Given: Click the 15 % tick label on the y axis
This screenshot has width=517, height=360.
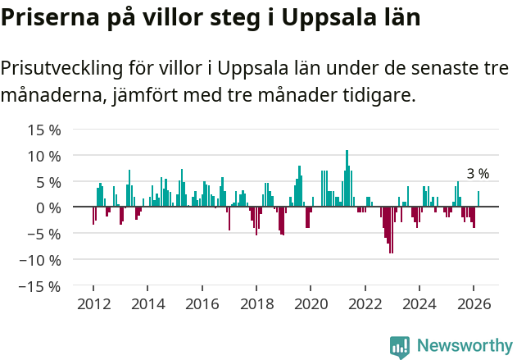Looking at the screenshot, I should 44,130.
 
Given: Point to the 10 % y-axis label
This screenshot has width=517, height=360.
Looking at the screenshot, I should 44,156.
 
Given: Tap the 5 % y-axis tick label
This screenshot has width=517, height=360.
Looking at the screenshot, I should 48,182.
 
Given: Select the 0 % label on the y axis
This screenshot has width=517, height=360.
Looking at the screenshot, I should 48,207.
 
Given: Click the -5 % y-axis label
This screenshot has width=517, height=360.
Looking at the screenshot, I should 44,234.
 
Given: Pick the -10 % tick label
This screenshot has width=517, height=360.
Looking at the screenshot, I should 41,260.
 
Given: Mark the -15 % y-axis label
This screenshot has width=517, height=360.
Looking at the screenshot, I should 41,286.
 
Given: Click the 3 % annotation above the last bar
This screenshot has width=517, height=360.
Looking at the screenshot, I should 478,174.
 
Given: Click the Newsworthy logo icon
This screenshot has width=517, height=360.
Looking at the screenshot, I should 400,346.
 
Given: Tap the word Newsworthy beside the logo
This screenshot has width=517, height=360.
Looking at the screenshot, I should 464,346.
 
